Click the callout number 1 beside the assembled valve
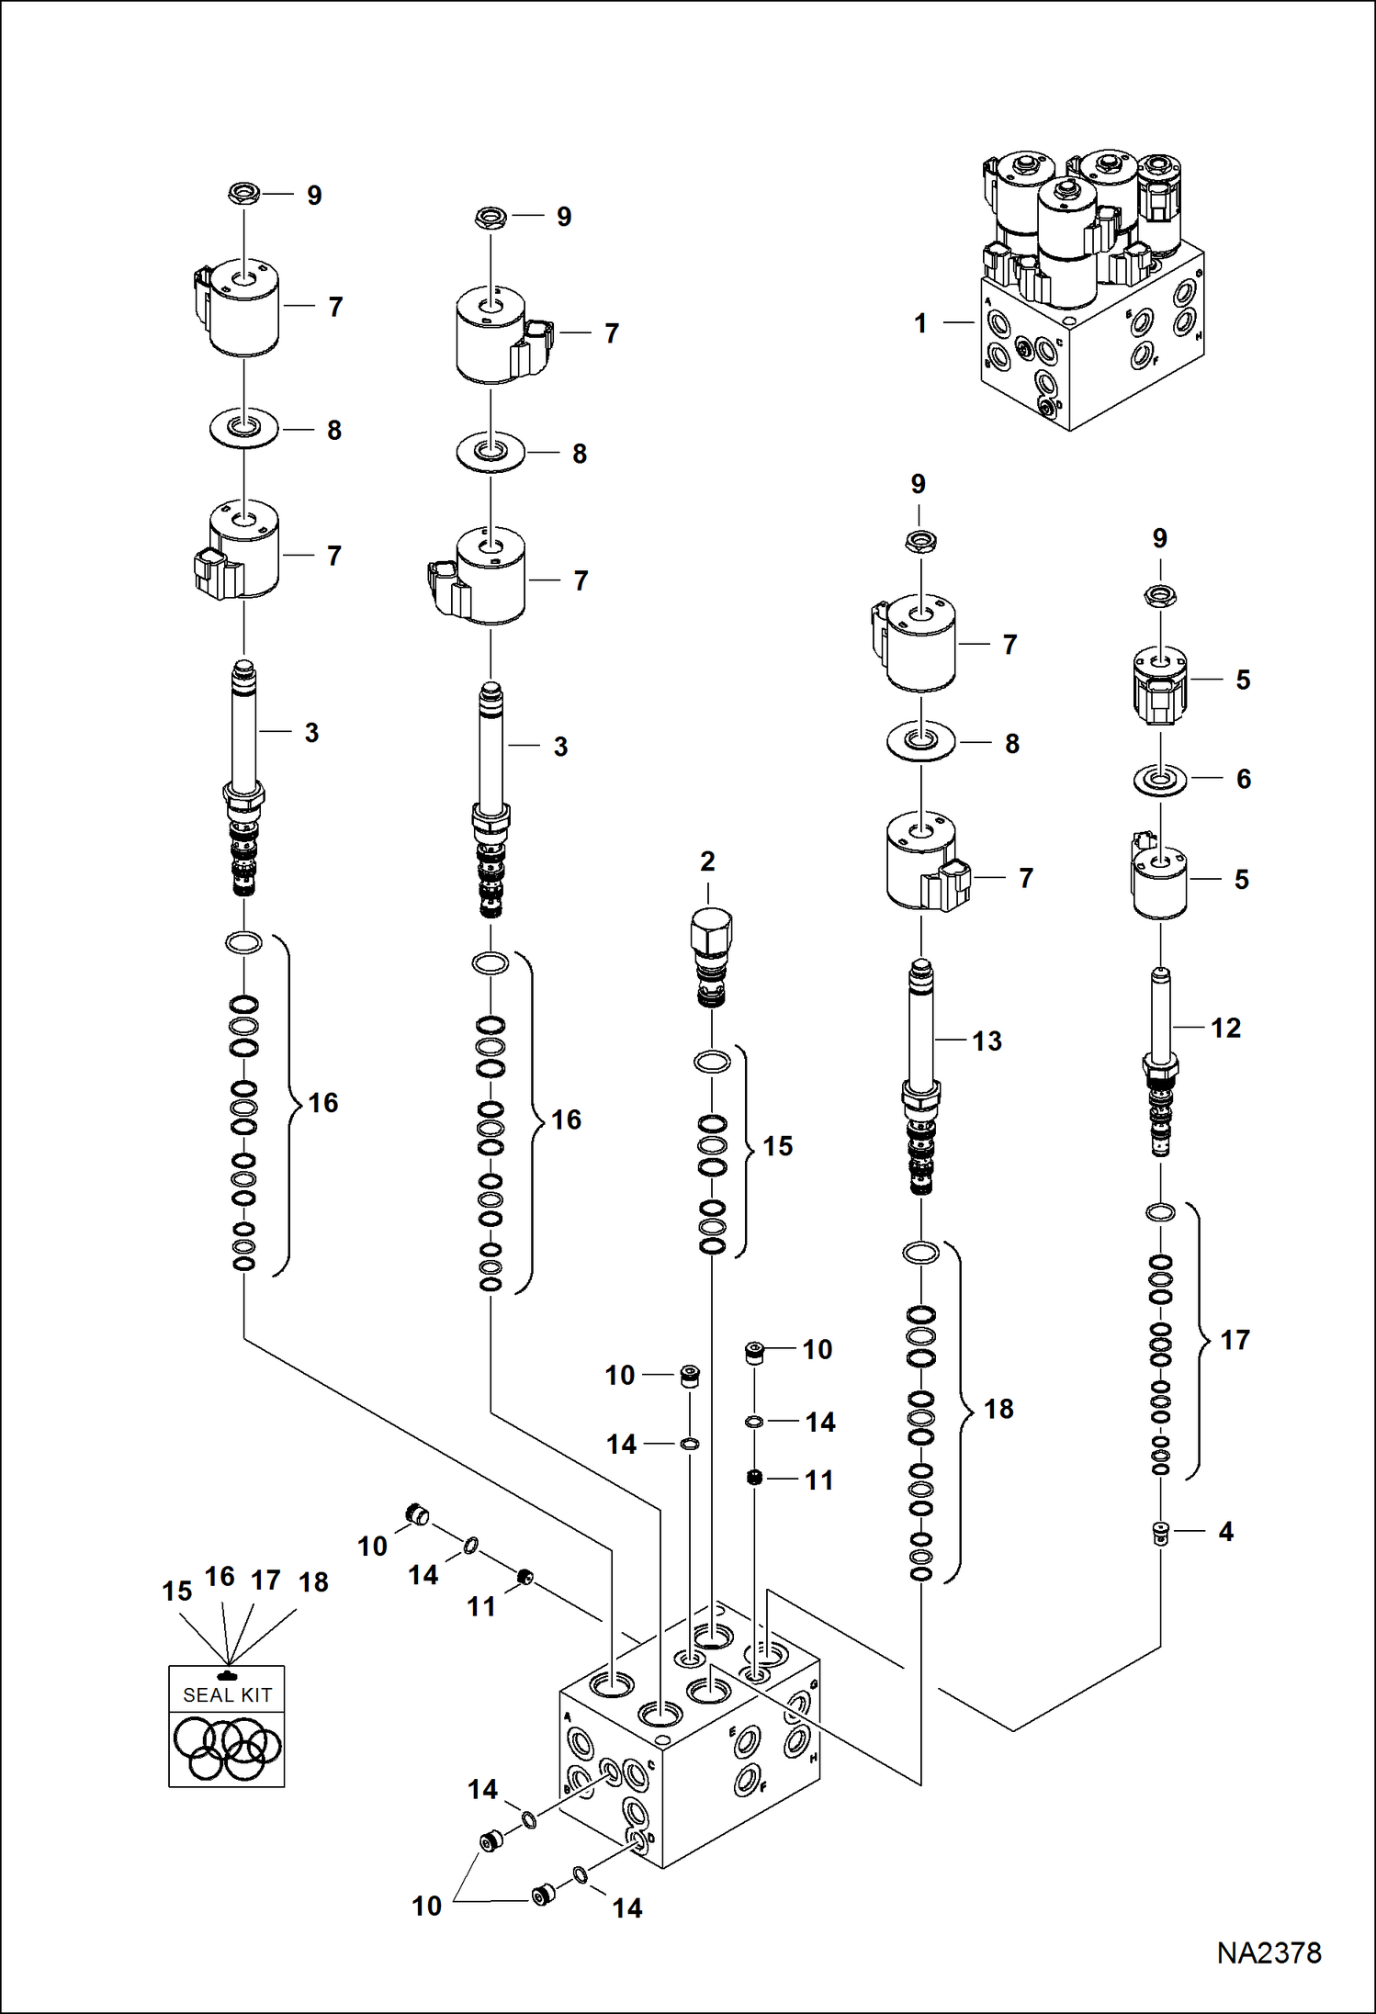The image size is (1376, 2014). tap(920, 323)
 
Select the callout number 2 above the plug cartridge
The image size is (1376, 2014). tap(707, 861)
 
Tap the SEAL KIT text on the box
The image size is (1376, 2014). tap(227, 1695)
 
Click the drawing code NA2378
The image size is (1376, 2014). tap(1269, 1952)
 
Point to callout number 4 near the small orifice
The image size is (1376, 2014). tap(1225, 1531)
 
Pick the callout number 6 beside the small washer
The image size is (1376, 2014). tap(1243, 779)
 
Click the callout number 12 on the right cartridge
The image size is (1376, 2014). tap(1225, 1028)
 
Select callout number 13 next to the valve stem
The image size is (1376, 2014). tap(987, 1041)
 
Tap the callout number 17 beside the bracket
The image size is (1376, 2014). tap(1235, 1340)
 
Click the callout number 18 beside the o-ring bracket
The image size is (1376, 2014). tap(998, 1409)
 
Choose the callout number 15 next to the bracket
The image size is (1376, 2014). tap(777, 1146)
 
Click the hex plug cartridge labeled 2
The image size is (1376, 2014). tap(711, 955)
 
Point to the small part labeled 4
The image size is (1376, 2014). tap(1161, 1532)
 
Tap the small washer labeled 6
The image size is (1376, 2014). tap(1160, 781)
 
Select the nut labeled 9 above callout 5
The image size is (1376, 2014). tap(1160, 597)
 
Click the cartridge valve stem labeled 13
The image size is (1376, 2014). tap(921, 1075)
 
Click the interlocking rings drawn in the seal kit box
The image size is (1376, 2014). tap(227, 1748)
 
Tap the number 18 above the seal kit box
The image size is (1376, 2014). tap(313, 1582)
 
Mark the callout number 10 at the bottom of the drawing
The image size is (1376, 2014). tap(426, 1906)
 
